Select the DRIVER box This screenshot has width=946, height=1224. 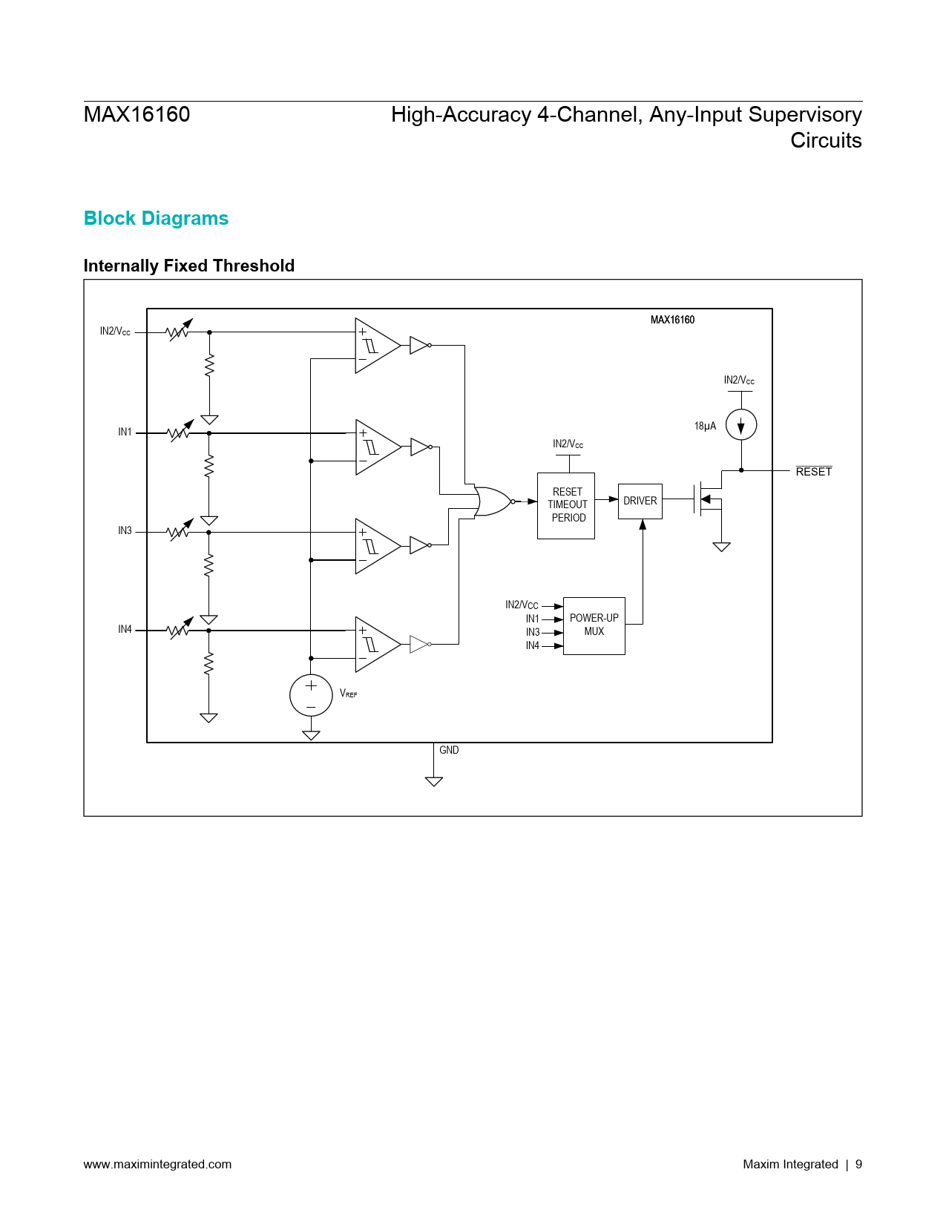640,501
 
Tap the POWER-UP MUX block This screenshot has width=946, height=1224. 594,625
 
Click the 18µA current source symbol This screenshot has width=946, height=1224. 740,425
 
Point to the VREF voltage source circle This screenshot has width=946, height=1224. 311,695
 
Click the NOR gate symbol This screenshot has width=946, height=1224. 493,501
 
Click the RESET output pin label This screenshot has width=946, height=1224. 813,472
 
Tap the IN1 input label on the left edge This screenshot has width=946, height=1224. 125,432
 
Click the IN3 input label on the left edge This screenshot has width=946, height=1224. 125,530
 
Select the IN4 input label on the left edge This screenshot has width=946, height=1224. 125,629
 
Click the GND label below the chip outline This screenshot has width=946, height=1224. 449,750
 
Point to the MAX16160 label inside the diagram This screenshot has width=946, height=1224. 672,320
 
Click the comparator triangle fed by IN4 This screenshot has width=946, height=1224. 377,644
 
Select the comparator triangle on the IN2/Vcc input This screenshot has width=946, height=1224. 377,346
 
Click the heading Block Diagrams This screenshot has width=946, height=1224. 156,218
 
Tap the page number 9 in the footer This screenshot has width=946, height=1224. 858,1164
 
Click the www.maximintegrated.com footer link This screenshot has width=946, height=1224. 157,1164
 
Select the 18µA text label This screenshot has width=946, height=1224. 705,426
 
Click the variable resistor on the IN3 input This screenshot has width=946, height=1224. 179,530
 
